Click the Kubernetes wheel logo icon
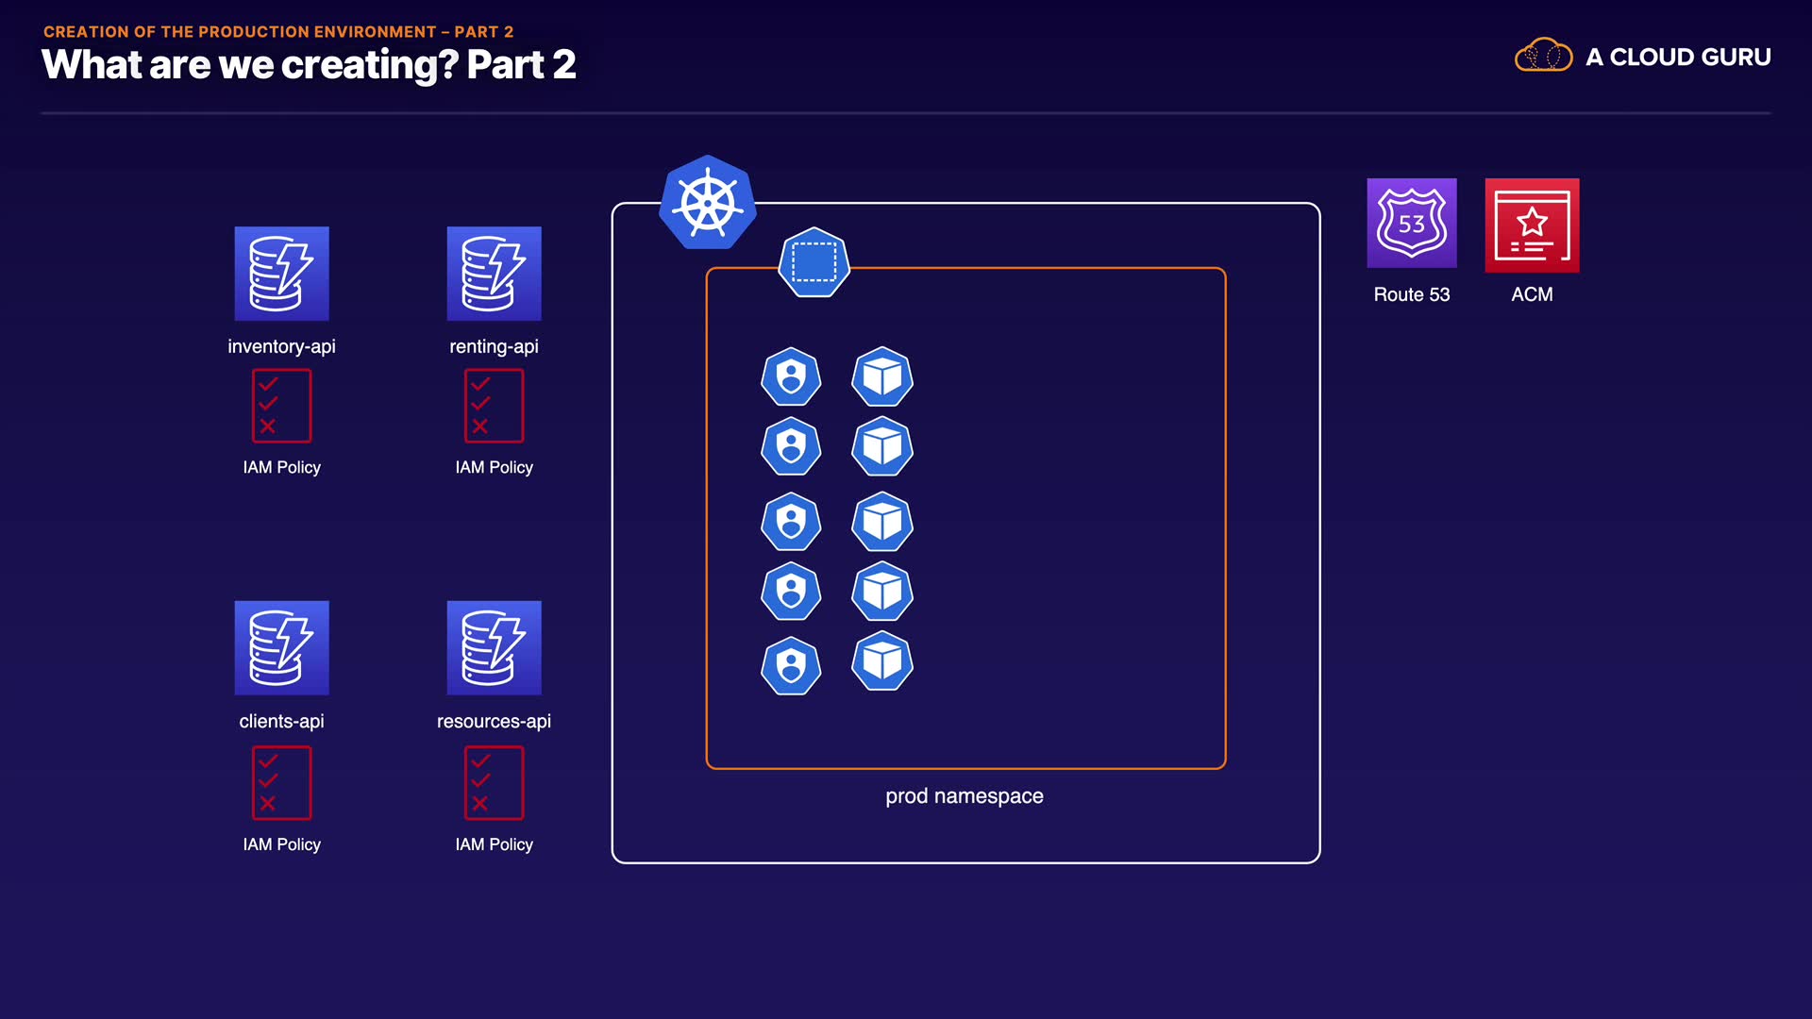pyautogui.click(x=707, y=203)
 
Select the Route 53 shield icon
pyautogui.click(x=1411, y=224)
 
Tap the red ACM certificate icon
pyautogui.click(x=1532, y=226)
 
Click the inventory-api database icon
pyautogui.click(x=281, y=274)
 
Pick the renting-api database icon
pyautogui.click(x=494, y=274)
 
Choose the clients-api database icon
pyautogui.click(x=281, y=648)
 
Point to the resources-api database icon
pyautogui.click(x=494, y=648)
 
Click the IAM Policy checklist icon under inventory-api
pyautogui.click(x=281, y=406)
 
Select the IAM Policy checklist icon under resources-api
pyautogui.click(x=494, y=783)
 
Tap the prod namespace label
pyautogui.click(x=964, y=796)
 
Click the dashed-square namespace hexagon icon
pyautogui.click(x=814, y=263)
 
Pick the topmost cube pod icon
pyautogui.click(x=881, y=377)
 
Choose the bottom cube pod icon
pyautogui.click(x=881, y=661)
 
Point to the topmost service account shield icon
pyautogui.click(x=791, y=377)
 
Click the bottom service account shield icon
pyautogui.click(x=791, y=666)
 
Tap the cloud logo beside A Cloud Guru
pyautogui.click(x=1543, y=57)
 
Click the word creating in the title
pyautogui.click(x=369, y=65)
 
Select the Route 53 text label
pyautogui.click(x=1411, y=294)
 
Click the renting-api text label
pyautogui.click(x=494, y=346)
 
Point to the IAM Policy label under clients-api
pyautogui.click(x=281, y=844)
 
